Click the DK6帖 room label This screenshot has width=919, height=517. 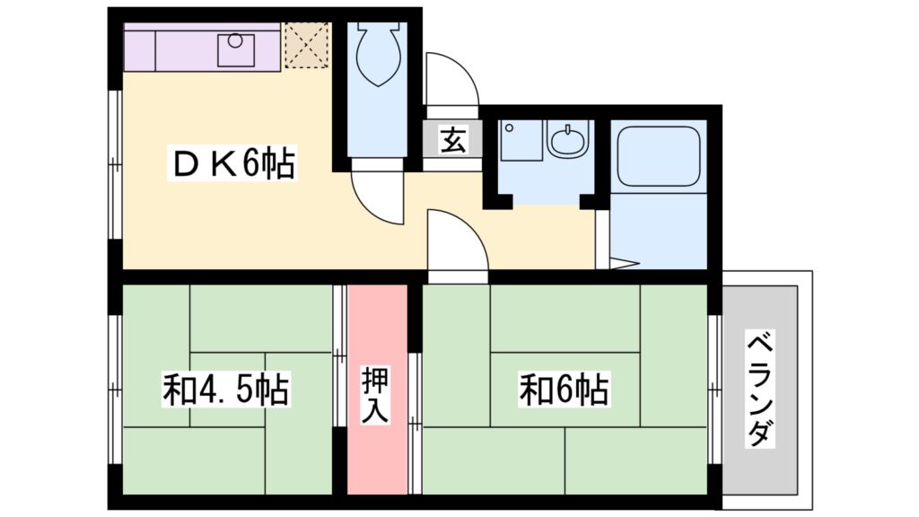point(231,164)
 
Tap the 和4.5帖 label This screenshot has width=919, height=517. point(225,390)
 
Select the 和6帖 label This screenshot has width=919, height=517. point(564,390)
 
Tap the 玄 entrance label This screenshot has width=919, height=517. point(453,140)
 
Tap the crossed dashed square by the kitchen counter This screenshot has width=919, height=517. point(307,46)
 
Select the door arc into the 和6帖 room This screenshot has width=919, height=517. point(455,240)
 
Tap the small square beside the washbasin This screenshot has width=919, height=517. point(521,141)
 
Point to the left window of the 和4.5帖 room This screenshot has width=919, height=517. point(115,390)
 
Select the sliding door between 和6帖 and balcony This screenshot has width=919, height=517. point(713,390)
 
